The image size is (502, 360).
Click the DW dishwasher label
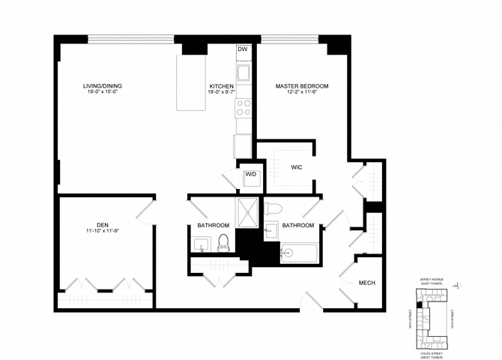(242, 49)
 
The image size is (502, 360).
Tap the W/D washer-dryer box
(251, 175)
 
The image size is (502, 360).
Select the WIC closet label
(295, 167)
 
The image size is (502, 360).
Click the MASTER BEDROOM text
(301, 86)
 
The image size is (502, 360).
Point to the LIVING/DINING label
(102, 86)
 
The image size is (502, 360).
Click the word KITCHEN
(221, 86)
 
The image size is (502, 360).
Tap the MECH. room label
(367, 283)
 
